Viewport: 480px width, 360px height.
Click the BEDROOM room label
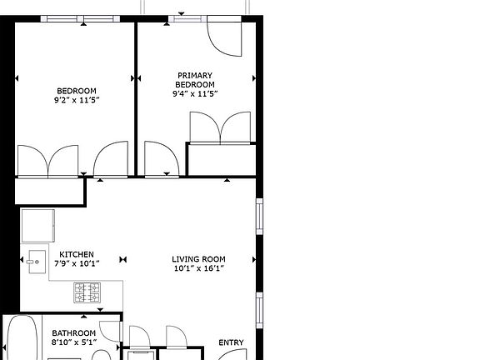pyautogui.click(x=77, y=91)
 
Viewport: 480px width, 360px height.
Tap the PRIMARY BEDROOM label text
pyautogui.click(x=196, y=80)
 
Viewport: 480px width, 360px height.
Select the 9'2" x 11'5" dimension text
pyautogui.click(x=77, y=100)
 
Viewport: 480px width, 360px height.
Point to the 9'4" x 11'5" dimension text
pyautogui.click(x=195, y=94)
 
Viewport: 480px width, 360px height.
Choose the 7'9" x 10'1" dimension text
pyautogui.click(x=77, y=264)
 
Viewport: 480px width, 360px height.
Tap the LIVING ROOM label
pyautogui.click(x=199, y=259)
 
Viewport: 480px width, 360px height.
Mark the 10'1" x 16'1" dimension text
pyautogui.click(x=199, y=268)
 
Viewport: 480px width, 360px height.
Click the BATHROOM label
pyautogui.click(x=74, y=333)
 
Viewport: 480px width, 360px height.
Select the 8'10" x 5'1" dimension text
pyautogui.click(x=74, y=342)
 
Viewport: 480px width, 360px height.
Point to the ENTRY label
pyautogui.click(x=231, y=342)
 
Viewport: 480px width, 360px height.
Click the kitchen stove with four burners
pyautogui.click(x=87, y=292)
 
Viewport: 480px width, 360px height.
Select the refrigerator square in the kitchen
pyautogui.click(x=38, y=226)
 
